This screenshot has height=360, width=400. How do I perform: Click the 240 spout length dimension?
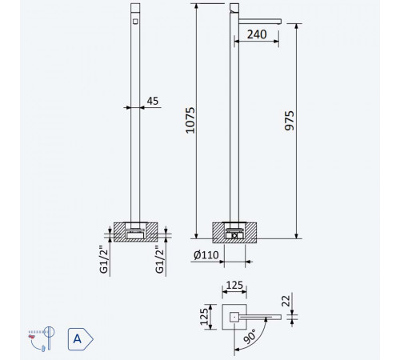[x=257, y=34]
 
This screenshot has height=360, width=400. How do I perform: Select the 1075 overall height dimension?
[x=190, y=120]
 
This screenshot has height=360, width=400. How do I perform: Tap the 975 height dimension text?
[x=289, y=121]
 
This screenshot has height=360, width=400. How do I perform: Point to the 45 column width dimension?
[x=153, y=101]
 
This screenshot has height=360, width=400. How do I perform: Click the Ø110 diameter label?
[x=206, y=255]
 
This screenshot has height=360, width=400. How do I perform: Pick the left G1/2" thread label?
[x=103, y=259]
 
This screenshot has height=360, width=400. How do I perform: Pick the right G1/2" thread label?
[x=159, y=259]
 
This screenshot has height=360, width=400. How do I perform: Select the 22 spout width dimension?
[x=286, y=301]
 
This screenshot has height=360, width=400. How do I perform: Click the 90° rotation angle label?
[x=250, y=337]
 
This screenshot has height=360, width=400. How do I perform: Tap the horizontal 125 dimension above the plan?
[x=234, y=285]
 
